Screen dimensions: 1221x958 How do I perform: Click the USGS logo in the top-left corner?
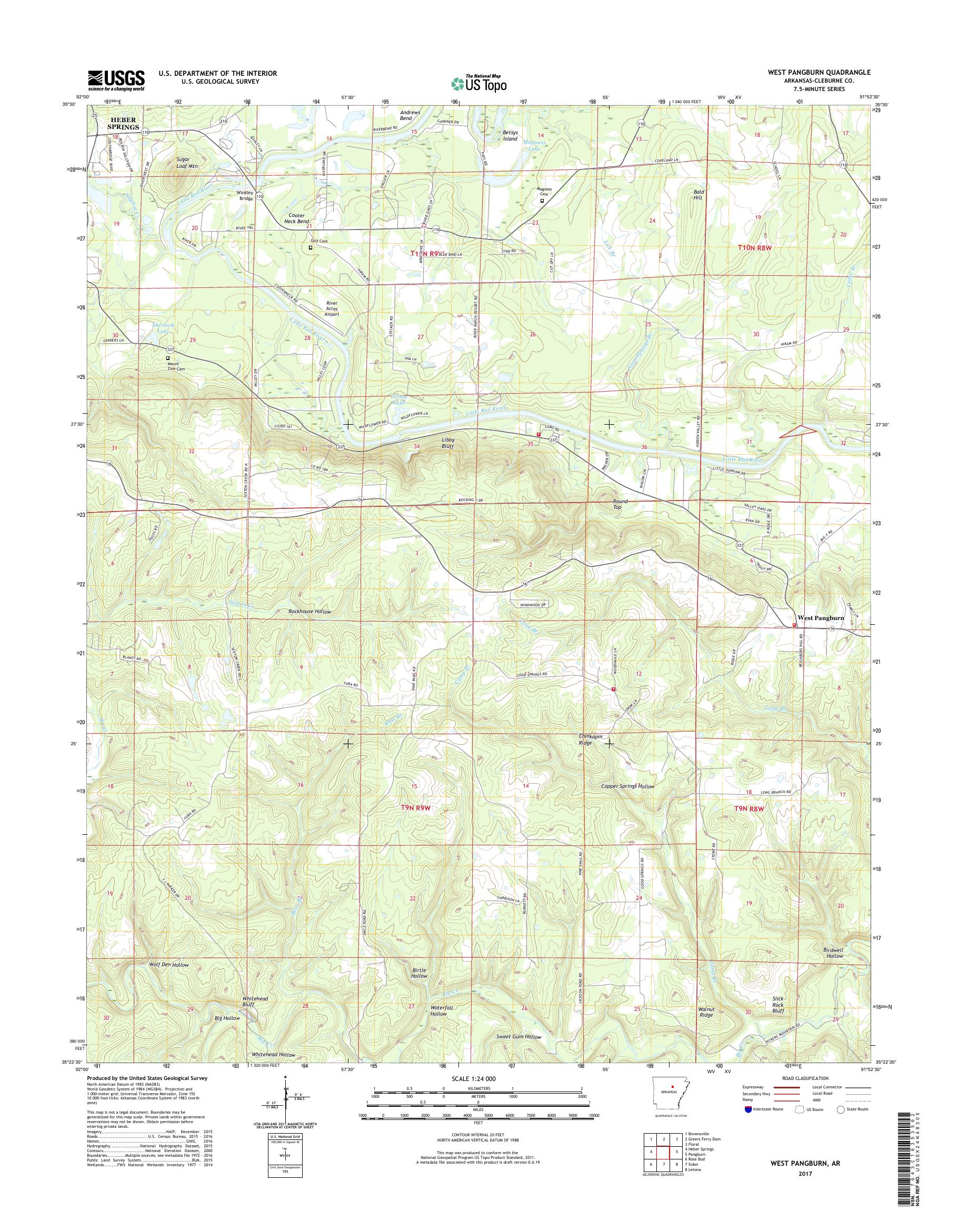[x=116, y=80]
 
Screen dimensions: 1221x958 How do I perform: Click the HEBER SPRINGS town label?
[x=123, y=124]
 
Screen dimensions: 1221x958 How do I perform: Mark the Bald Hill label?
[x=698, y=195]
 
